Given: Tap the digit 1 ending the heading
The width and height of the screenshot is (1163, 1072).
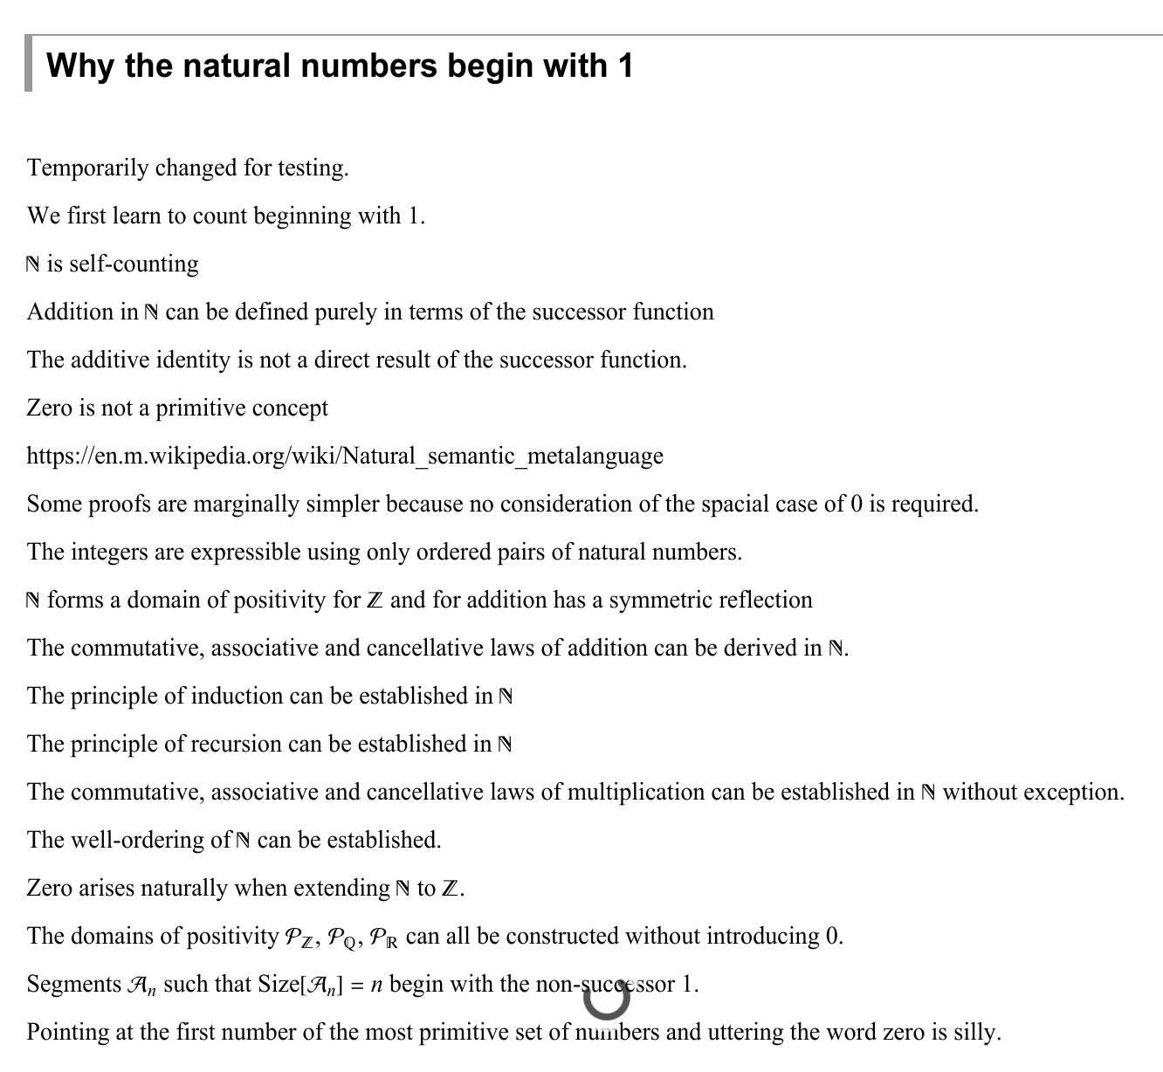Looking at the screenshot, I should (x=624, y=65).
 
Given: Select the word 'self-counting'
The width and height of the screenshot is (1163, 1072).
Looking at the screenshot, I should (x=134, y=264).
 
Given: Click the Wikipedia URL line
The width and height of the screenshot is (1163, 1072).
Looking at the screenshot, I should (x=345, y=456).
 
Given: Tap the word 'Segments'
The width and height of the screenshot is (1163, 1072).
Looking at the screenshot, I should (x=74, y=984).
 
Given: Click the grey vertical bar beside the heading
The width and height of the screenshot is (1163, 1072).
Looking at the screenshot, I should (x=29, y=64).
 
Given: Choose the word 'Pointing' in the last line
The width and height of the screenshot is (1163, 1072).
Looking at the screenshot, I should (x=67, y=1032).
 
